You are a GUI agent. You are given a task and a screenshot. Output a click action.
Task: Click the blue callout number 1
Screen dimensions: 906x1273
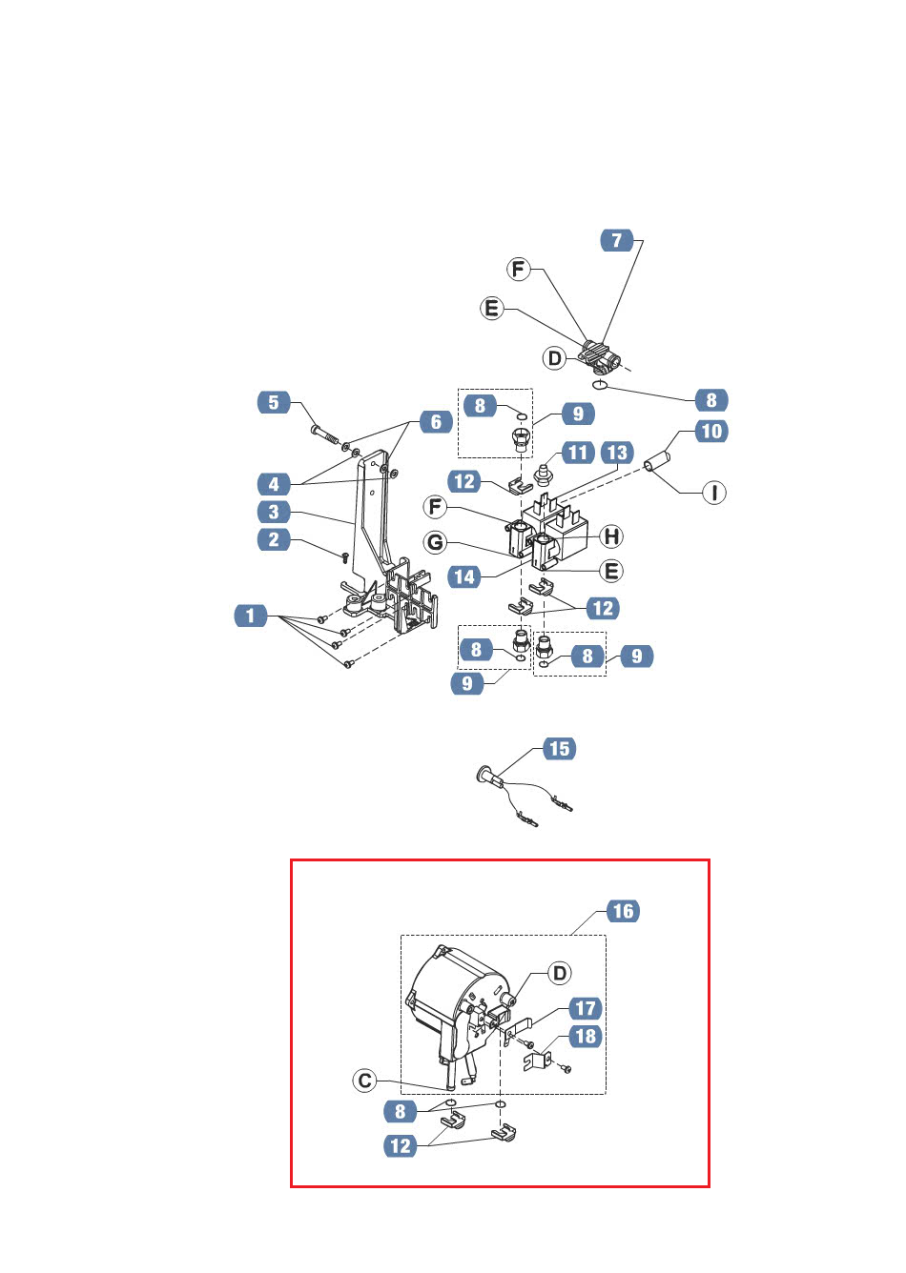[250, 616]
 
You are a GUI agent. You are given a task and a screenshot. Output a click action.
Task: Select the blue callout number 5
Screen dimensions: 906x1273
[274, 402]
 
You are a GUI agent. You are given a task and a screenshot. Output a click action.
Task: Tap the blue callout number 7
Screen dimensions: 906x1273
[617, 240]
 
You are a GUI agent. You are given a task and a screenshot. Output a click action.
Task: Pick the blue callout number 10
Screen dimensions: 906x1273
[711, 432]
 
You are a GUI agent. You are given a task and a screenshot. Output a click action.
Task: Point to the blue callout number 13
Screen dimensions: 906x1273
[617, 453]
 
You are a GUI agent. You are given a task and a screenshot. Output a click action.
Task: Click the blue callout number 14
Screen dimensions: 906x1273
[464, 577]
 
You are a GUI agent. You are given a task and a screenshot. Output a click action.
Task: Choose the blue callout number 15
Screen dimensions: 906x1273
[560, 748]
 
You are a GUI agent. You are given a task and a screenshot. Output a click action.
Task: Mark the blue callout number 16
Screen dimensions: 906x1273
[624, 911]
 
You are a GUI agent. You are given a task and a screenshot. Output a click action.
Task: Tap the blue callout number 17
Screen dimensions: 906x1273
[586, 1008]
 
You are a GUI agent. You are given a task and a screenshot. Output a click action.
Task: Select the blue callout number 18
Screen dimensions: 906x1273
[586, 1036]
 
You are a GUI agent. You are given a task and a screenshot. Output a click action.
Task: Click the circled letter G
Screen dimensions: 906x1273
[435, 542]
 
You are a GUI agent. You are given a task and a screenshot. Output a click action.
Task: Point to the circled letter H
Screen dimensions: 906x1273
[611, 535]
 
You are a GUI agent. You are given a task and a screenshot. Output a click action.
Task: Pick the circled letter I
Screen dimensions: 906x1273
[714, 493]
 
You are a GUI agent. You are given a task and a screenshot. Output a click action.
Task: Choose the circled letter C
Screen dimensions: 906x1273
[364, 1081]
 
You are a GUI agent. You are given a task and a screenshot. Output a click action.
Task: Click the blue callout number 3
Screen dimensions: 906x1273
[274, 512]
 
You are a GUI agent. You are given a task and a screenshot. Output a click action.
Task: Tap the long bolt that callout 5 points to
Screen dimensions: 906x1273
[326, 435]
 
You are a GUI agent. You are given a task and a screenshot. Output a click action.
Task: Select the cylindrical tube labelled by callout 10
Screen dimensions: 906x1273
[657, 461]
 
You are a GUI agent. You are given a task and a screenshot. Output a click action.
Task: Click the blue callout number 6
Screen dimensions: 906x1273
[436, 422]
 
